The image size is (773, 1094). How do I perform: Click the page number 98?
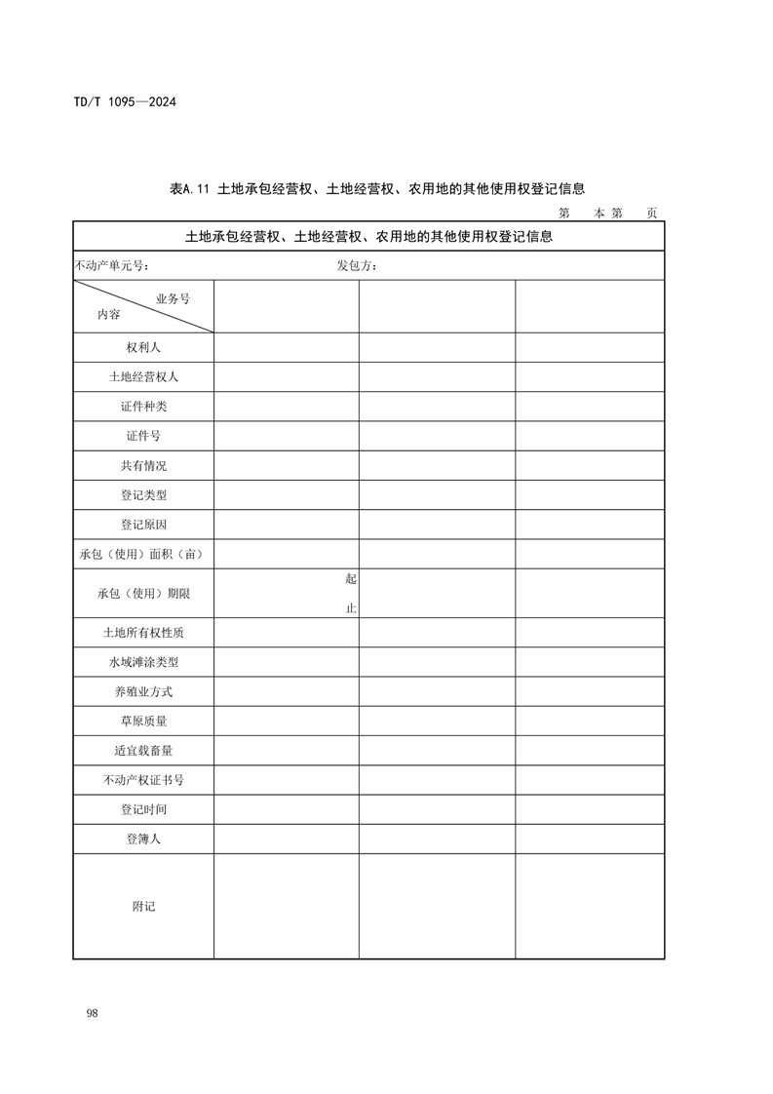(92, 1014)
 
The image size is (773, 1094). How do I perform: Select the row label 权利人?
(143, 347)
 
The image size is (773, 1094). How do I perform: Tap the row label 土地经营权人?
(143, 376)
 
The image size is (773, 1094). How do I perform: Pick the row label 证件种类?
(143, 407)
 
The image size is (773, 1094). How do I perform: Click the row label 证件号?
(143, 436)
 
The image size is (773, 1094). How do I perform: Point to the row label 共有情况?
(143, 465)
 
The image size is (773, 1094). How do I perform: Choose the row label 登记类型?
(143, 495)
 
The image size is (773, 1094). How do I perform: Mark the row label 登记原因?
(143, 525)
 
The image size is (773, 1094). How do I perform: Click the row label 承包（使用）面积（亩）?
(143, 554)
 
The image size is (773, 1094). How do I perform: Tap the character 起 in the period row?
(351, 578)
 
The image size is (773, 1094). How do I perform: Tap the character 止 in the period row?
(351, 608)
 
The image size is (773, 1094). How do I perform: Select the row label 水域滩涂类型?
(143, 662)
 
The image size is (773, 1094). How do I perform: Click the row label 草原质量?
(143, 721)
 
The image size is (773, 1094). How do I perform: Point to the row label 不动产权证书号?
(143, 780)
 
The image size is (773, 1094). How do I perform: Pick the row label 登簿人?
(143, 839)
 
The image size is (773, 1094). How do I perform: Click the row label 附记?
(143, 906)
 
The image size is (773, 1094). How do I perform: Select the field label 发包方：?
(358, 266)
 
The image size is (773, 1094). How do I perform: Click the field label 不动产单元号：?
(112, 266)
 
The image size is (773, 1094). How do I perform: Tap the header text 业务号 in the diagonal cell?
(173, 298)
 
